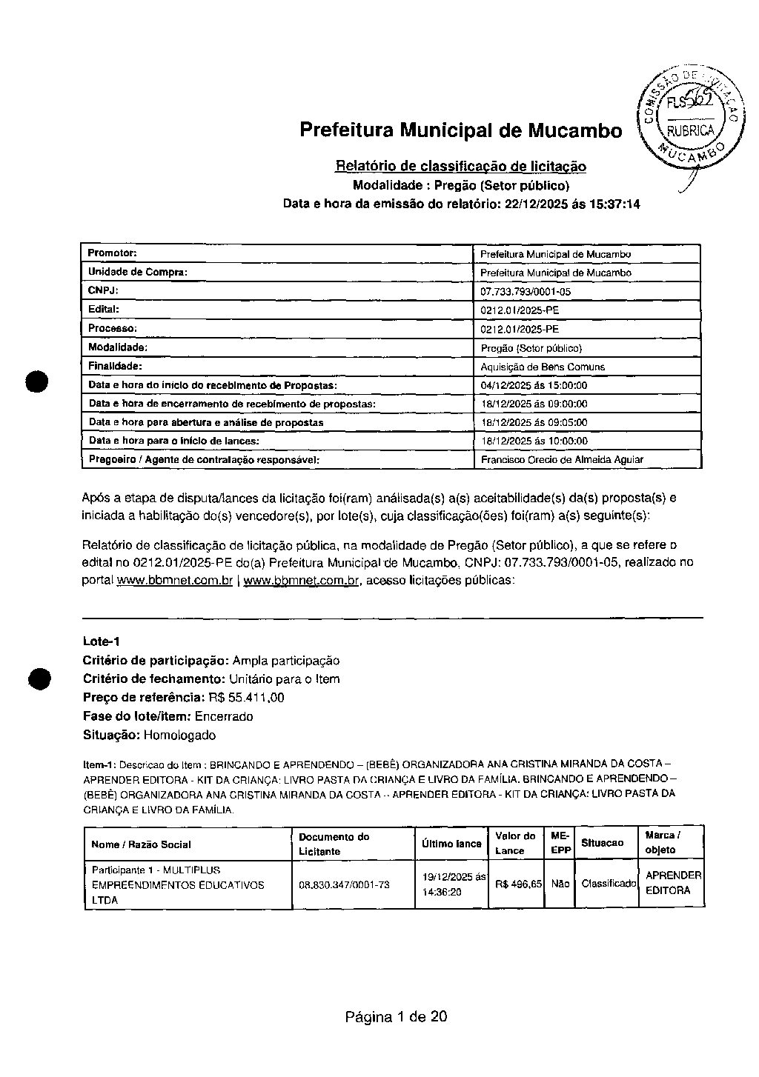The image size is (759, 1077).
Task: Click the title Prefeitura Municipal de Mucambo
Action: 460,130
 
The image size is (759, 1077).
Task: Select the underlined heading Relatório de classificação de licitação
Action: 460,166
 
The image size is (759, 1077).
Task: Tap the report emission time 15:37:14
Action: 614,204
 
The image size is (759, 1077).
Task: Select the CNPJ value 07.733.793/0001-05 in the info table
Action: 526,292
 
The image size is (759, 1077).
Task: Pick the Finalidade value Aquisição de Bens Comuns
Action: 543,367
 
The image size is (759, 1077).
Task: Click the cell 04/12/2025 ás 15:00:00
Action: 534,385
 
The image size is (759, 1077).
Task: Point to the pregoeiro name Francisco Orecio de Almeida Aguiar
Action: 562,459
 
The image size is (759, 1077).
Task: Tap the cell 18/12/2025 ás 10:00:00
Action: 534,441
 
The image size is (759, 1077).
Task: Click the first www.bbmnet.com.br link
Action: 175,581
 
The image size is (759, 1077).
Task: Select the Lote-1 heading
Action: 102,641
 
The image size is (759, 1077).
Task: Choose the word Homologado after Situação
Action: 179,735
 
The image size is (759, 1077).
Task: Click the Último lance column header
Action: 451,844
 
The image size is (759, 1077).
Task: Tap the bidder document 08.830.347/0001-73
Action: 344,884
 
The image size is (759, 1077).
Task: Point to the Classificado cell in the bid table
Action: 609,884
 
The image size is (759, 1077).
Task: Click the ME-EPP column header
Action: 561,843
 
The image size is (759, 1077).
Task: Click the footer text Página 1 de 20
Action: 396,1016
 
